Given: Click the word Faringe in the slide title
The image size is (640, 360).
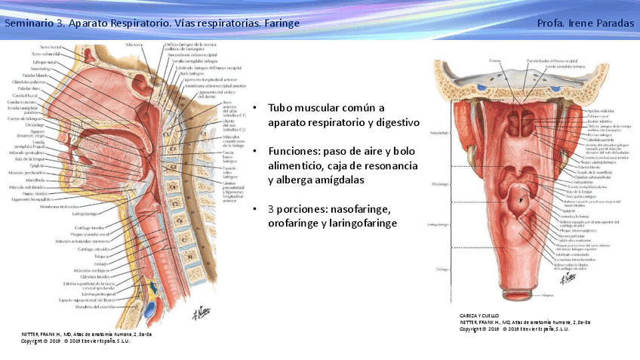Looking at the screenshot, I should [x=282, y=23].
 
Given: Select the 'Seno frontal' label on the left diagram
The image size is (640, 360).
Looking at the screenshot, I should [x=52, y=48].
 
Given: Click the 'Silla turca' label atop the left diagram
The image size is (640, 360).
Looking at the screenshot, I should [x=134, y=45].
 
